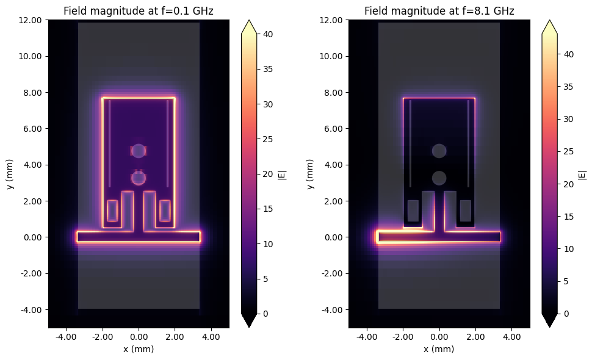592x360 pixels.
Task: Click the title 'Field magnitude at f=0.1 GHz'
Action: coord(139,11)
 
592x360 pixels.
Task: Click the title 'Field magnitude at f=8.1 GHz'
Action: coord(439,11)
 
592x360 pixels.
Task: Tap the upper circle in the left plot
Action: coord(139,151)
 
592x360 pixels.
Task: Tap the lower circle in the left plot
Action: coord(139,178)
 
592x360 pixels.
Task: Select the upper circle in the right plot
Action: coord(439,151)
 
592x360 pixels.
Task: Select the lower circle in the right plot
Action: coord(439,178)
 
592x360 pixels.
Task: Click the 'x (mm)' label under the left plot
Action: coord(139,349)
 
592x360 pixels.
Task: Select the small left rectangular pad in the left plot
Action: coord(112,211)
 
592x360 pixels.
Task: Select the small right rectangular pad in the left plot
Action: coord(165,211)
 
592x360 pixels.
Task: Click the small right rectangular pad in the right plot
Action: coord(465,211)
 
